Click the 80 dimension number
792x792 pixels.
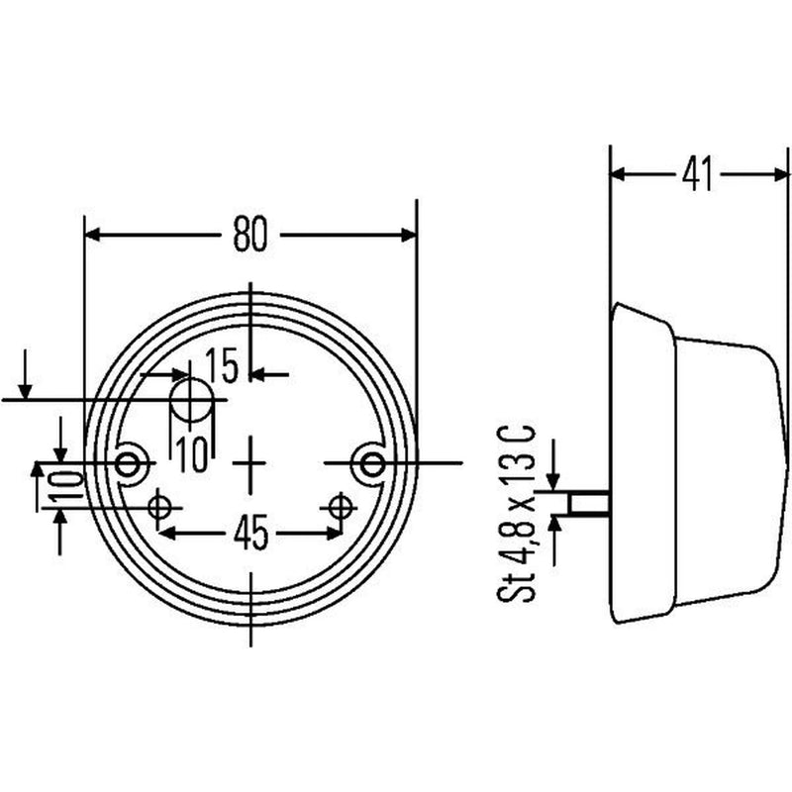tap(250, 236)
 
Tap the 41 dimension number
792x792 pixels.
tap(698, 175)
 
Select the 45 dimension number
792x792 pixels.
tap(251, 534)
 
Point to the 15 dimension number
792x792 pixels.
tap(221, 366)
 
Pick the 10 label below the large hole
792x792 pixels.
tap(192, 455)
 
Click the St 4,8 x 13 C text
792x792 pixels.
tap(516, 514)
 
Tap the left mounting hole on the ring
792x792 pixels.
tap(127, 463)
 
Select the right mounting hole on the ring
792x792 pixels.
tap(373, 463)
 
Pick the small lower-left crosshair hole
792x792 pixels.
tap(159, 508)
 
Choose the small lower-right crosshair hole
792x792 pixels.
tap(340, 507)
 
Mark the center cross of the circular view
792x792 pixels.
tap(250, 462)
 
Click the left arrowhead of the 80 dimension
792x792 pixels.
tap(92, 236)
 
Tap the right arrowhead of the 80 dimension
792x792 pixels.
tap(409, 236)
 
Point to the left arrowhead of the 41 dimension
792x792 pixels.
tap(618, 175)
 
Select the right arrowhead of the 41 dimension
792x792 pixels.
tap(780, 175)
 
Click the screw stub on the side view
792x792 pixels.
tap(589, 503)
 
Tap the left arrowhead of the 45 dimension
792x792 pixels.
tap(167, 534)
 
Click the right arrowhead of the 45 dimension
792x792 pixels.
tap(334, 534)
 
